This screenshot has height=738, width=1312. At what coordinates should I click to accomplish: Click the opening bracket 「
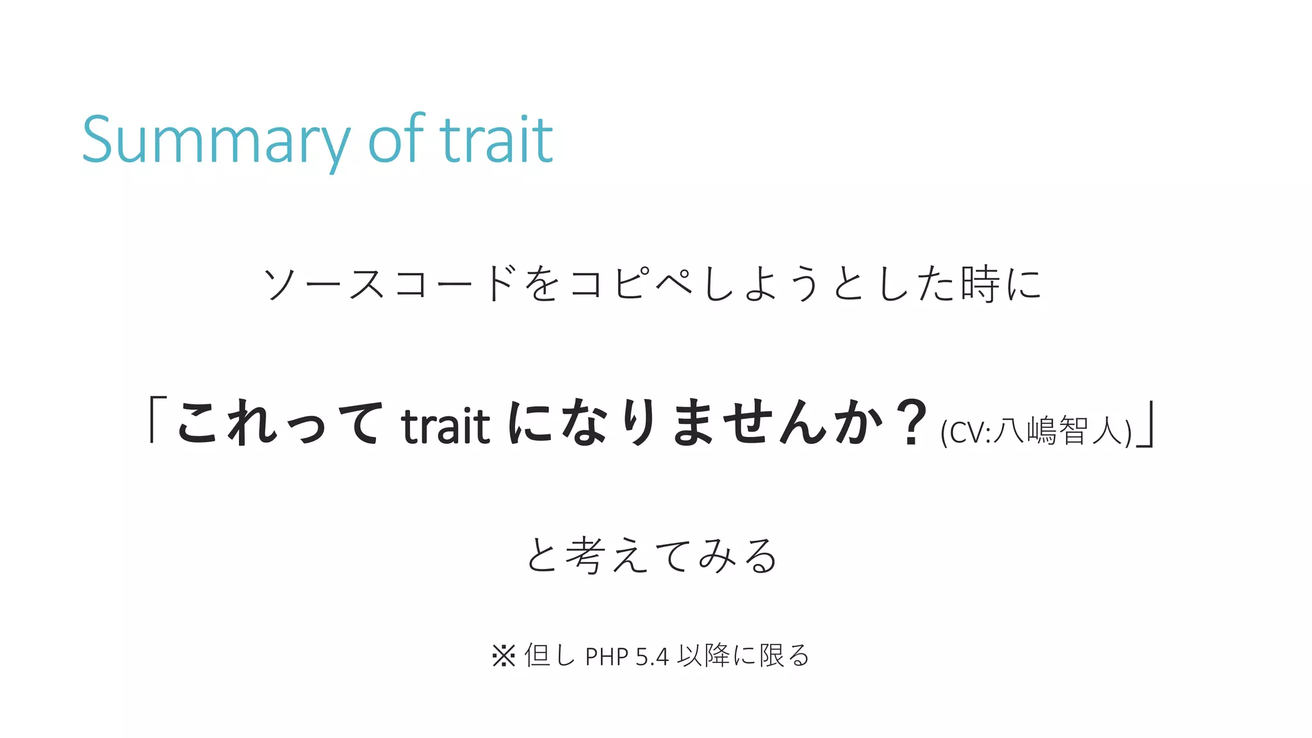click(x=156, y=420)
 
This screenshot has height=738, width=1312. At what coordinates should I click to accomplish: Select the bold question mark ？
click(x=910, y=422)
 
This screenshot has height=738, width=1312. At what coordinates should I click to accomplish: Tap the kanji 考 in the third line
click(x=584, y=555)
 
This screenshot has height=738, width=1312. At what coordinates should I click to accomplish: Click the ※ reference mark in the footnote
click(x=504, y=655)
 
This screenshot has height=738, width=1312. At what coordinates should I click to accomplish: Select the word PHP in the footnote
click(x=607, y=657)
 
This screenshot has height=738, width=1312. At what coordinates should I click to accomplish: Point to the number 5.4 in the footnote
click(x=652, y=657)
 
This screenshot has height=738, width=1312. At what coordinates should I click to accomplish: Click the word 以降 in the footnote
click(x=704, y=655)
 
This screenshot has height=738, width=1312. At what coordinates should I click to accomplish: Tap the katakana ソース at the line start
click(x=324, y=284)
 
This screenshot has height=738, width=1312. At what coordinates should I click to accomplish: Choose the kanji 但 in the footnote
click(x=537, y=655)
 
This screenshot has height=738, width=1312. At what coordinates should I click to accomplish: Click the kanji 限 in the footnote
click(x=771, y=655)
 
